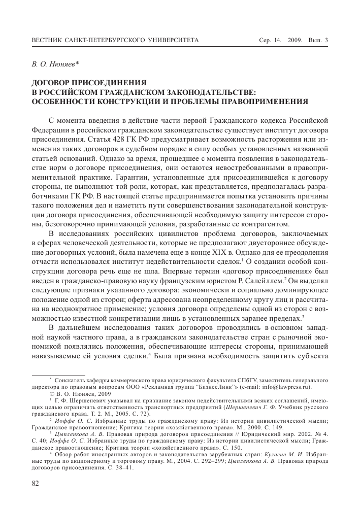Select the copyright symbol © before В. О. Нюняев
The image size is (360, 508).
(52, 394)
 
